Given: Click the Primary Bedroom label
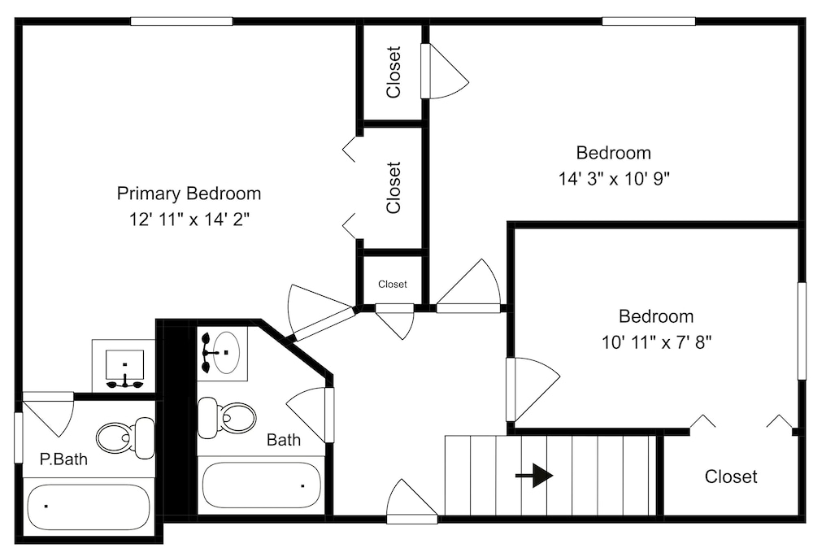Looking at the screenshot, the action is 189,194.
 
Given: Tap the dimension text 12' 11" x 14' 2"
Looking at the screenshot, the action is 189,220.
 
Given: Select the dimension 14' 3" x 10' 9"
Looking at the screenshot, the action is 614,179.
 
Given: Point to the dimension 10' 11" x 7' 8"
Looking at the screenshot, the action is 656,342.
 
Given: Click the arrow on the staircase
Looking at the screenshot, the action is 534,476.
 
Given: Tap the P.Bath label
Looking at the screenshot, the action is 63,459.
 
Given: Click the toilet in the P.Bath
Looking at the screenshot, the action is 125,438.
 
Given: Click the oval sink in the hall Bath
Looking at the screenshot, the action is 227,353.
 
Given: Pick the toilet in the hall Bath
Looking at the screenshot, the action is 227,417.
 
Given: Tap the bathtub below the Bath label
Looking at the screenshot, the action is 261,485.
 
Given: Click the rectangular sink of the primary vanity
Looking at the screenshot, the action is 124,364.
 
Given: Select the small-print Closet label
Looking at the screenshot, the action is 393,285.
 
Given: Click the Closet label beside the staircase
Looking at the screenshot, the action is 731,476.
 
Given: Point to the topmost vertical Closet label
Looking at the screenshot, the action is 393,72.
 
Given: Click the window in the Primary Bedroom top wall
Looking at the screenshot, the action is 181,21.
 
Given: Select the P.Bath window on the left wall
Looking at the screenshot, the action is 19,437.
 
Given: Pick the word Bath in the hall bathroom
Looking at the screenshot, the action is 284,440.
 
